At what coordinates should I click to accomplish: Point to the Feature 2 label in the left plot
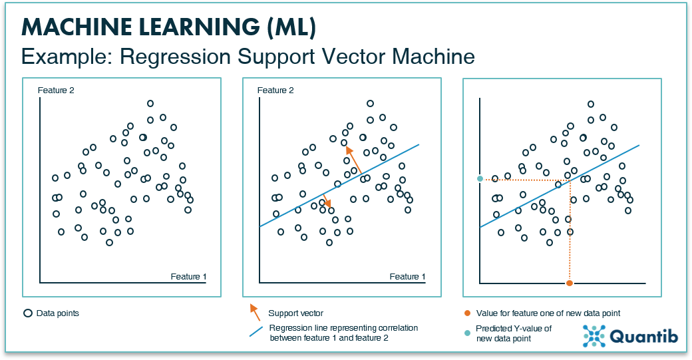(56, 90)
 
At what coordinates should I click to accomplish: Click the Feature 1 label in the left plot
(188, 276)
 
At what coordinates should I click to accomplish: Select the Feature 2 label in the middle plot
(275, 90)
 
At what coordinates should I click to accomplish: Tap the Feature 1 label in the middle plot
(407, 276)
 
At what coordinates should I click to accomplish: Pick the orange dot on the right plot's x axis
(570, 283)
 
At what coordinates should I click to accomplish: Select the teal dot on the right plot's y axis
(480, 178)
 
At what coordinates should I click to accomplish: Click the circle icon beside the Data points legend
(28, 313)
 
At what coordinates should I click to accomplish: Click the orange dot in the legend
(467, 313)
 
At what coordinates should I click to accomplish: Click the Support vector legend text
(295, 313)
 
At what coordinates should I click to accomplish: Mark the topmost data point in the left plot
(150, 103)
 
